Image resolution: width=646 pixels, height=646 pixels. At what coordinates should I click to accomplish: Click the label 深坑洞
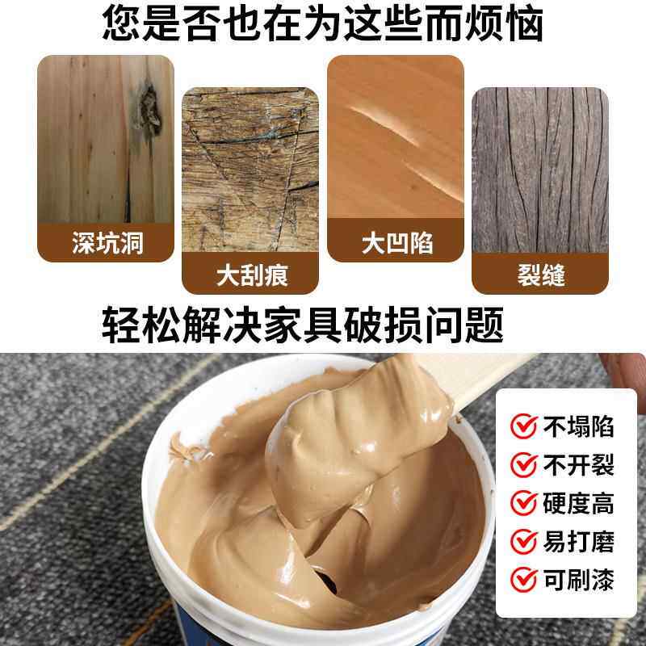click(x=107, y=242)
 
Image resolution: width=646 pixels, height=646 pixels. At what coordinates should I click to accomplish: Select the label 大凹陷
click(x=396, y=241)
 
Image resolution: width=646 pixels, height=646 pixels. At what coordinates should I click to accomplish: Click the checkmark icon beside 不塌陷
click(x=524, y=426)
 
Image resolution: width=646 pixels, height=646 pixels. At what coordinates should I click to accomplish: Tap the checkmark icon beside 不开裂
click(x=524, y=464)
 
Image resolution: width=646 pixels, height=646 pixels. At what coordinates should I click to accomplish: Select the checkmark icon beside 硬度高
click(x=524, y=502)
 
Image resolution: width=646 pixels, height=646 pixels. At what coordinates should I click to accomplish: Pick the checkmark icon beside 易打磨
click(x=524, y=540)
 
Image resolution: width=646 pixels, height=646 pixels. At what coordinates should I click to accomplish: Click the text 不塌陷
click(x=580, y=426)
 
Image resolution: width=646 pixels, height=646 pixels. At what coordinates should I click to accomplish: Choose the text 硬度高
click(x=580, y=502)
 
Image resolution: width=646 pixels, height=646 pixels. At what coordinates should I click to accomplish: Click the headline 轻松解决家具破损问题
click(x=304, y=325)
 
